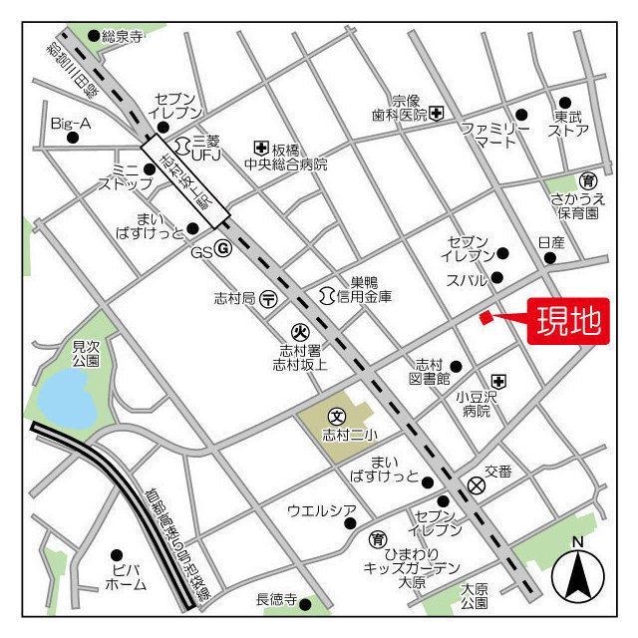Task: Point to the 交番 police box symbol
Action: (477, 485)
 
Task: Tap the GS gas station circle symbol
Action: (223, 250)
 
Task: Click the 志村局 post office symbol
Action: (268, 298)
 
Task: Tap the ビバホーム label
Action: (124, 577)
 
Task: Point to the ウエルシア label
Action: (321, 511)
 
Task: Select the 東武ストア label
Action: (568, 123)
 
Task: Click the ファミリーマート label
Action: (495, 135)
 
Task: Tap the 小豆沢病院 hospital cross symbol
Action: (497, 380)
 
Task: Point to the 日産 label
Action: (550, 242)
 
